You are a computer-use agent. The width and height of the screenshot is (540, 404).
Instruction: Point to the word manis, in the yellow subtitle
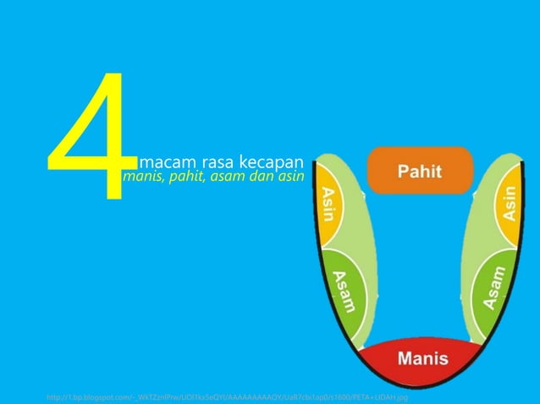pos(142,178)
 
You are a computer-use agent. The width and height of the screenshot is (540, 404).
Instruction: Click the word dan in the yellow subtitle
pos(259,178)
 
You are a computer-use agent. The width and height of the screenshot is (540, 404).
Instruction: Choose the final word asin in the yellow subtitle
pos(287,178)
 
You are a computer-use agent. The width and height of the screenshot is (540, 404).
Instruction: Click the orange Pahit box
pos(420,171)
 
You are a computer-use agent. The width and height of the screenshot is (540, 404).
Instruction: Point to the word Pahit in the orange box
pos(420,172)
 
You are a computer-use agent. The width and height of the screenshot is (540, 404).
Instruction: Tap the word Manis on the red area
pos(424,358)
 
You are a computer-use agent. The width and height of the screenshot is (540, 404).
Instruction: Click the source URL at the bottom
pos(228,396)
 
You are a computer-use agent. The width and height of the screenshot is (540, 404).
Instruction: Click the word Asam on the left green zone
pos(344,292)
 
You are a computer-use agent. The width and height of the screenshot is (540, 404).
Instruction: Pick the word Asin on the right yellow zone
pos(510,204)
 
